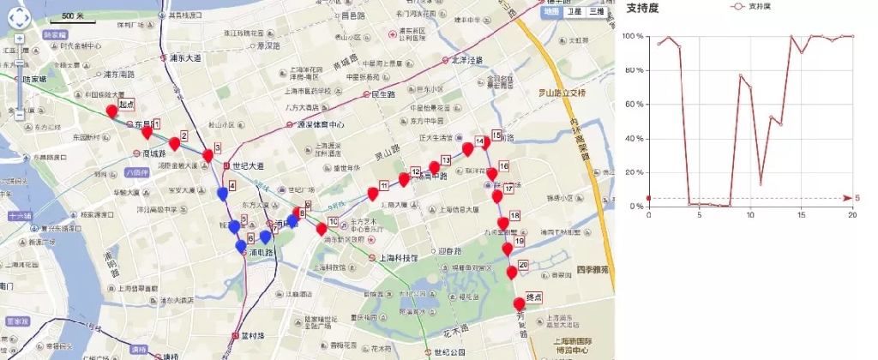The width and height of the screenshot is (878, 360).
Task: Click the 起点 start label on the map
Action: pos(127,105)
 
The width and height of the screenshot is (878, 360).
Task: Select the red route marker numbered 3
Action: pos(207,155)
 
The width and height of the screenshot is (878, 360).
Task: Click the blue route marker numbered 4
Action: pos(224,194)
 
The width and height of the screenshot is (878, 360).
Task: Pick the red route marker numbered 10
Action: pos(322,229)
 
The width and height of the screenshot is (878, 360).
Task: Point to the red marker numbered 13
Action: pos(435,167)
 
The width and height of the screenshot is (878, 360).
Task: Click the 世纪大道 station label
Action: pos(250,165)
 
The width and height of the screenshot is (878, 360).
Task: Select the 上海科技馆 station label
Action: pos(399,257)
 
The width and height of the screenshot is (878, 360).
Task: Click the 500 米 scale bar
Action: pos(74,16)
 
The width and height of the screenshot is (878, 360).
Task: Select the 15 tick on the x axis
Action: pos(802,215)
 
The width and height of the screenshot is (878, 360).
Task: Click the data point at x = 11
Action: pos(761,183)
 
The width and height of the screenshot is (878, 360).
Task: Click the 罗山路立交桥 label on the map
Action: pos(561,92)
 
